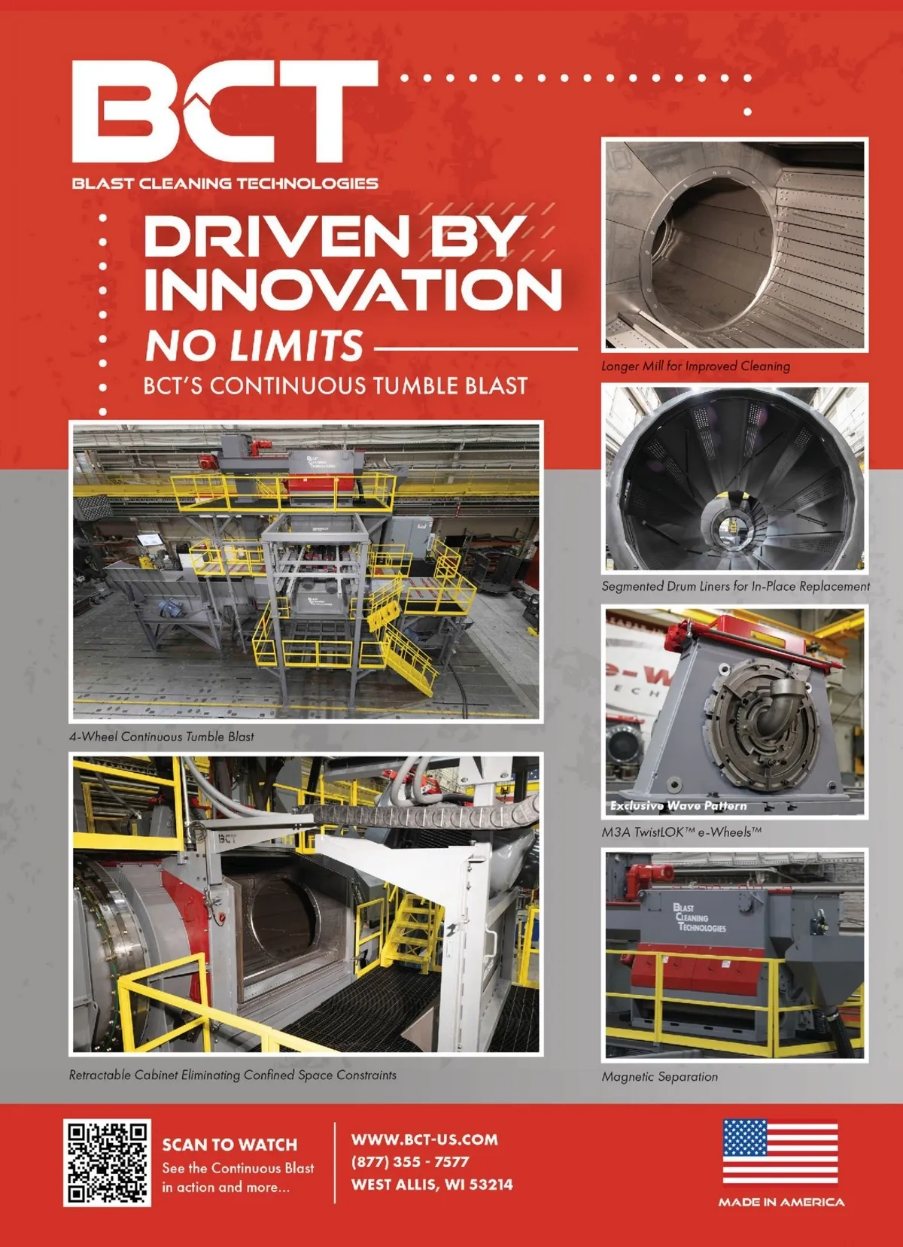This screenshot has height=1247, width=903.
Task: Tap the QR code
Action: click(x=107, y=1163)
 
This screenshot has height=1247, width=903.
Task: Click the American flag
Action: click(x=780, y=1152)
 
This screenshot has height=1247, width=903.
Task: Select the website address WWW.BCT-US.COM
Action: click(x=424, y=1139)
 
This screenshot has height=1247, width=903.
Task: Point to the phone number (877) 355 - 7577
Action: click(x=410, y=1162)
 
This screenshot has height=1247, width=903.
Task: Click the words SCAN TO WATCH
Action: click(x=230, y=1145)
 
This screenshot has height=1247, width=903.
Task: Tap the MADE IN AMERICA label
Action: click(x=781, y=1203)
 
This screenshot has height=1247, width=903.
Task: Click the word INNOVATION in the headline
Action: click(x=352, y=290)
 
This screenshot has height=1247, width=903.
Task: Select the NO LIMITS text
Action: click(x=254, y=345)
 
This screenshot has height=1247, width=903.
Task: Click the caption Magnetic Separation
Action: click(x=660, y=1077)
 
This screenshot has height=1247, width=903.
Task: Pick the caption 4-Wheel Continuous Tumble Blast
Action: click(x=162, y=737)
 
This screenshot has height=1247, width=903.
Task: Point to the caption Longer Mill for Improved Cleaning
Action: click(x=695, y=366)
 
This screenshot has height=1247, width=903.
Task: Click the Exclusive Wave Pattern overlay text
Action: click(x=678, y=805)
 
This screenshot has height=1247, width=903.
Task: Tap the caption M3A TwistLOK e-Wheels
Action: click(x=681, y=833)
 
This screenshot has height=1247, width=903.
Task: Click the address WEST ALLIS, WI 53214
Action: click(x=432, y=1184)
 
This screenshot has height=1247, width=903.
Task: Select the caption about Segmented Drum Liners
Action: click(x=735, y=586)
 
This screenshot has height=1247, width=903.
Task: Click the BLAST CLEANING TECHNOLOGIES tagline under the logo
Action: click(x=225, y=183)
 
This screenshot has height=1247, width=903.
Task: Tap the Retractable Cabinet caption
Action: click(x=233, y=1075)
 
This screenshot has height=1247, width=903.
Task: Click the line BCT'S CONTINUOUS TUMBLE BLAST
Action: click(x=335, y=386)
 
